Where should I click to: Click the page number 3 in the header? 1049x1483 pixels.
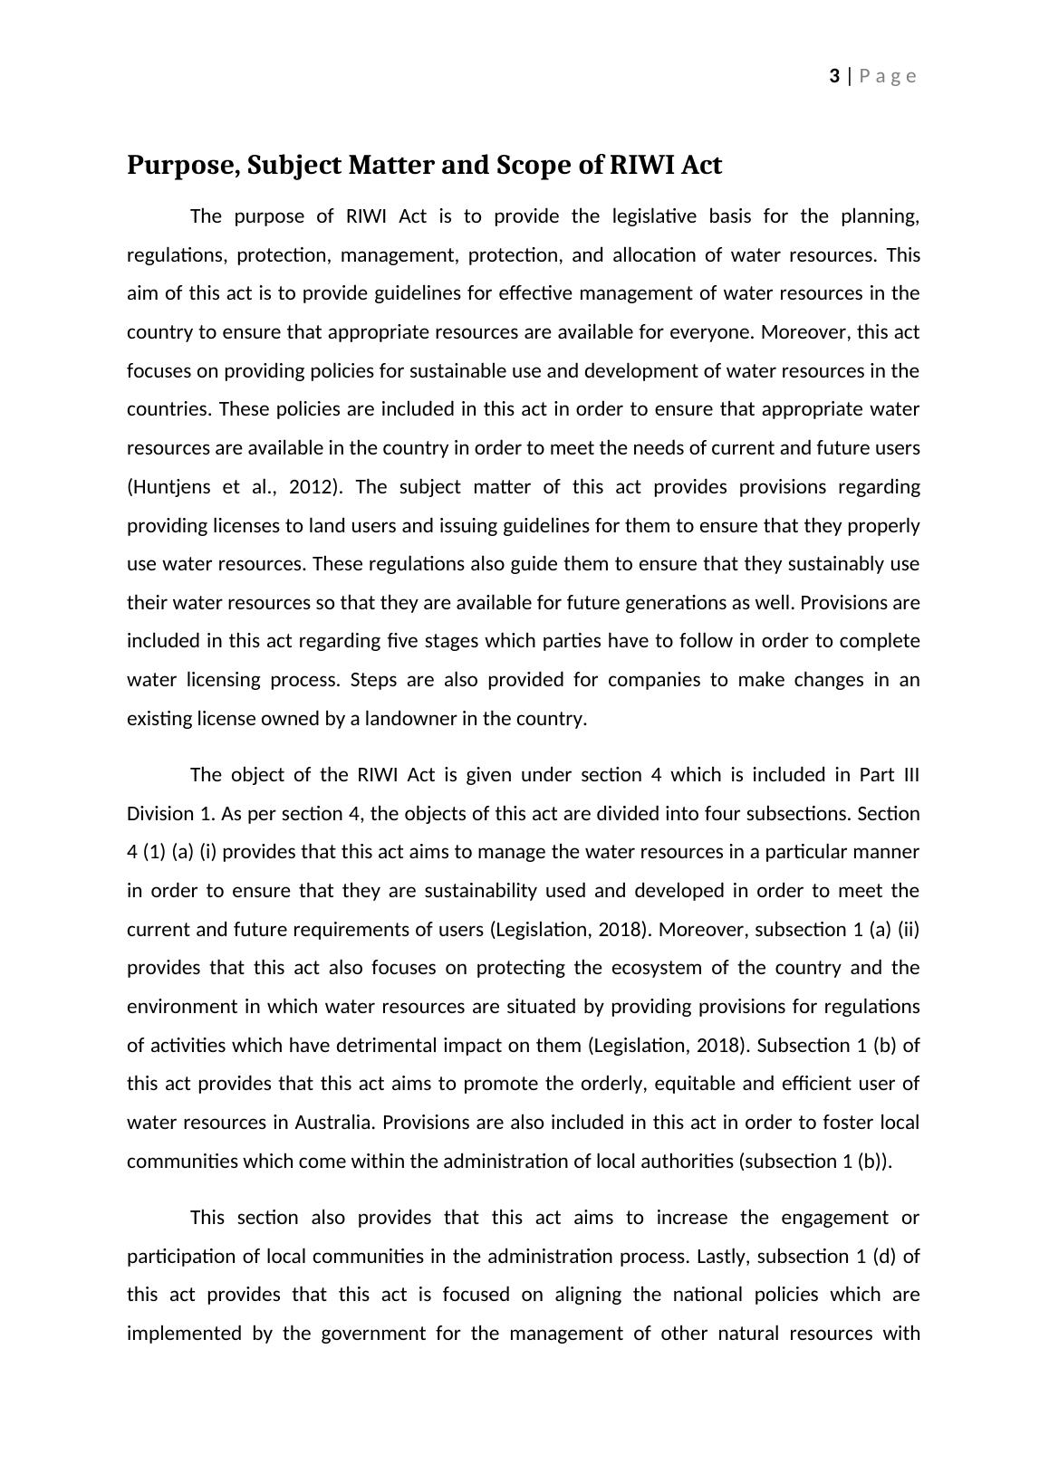click(833, 76)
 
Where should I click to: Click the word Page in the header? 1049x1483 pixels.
click(888, 76)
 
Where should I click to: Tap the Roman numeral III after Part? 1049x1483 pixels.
click(910, 775)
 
